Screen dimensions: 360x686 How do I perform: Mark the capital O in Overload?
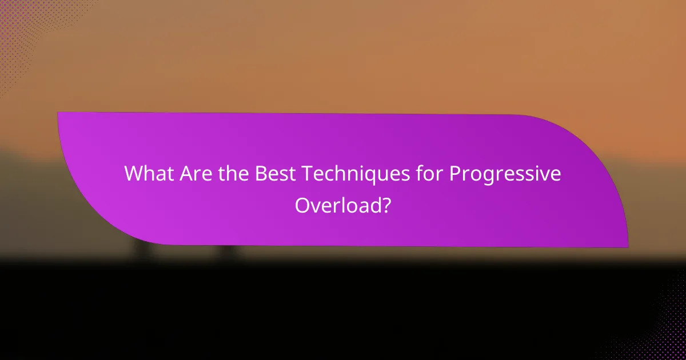pos(302,205)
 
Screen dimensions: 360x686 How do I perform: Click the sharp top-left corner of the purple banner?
pos(58,113)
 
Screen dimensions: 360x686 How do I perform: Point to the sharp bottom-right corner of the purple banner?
pos(628,247)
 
